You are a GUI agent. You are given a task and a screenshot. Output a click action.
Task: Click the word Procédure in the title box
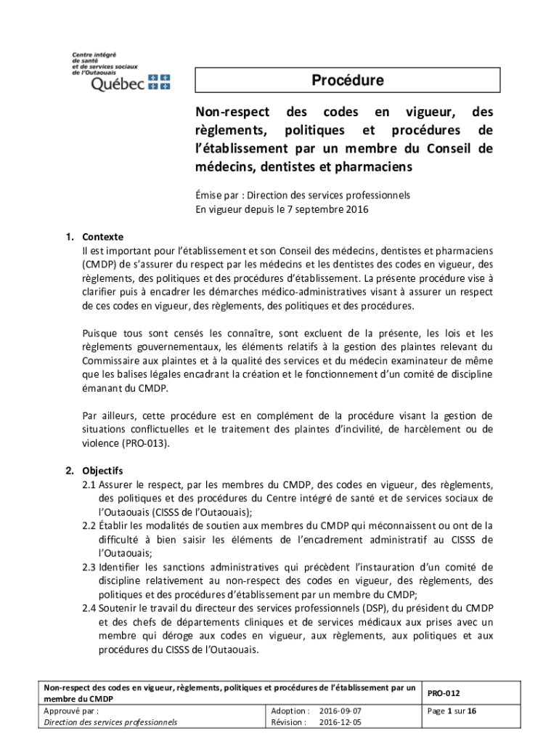pos(348,81)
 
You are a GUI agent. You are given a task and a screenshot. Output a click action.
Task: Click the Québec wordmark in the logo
pos(117,84)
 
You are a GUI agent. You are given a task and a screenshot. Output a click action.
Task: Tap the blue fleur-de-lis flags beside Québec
pos(158,81)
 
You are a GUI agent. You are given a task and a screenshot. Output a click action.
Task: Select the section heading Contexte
pos(102,237)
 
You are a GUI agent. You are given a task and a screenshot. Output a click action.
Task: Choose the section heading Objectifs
pos(102,469)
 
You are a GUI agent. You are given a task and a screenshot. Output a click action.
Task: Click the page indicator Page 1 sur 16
pos(453,711)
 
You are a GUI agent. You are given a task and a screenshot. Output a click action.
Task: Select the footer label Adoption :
pos(290,711)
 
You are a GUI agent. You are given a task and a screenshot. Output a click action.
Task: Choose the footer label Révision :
pos(290,723)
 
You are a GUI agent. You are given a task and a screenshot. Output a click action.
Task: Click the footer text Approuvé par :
pos(71,711)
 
